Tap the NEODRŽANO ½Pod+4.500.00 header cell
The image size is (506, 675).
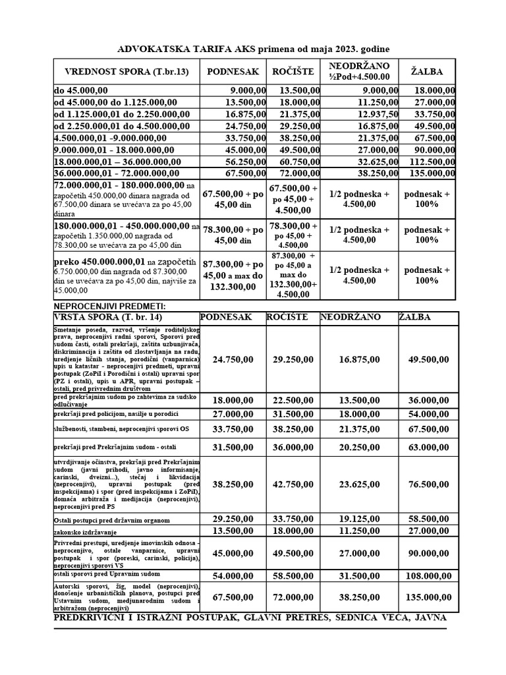[359, 71]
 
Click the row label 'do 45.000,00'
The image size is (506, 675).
[76, 90]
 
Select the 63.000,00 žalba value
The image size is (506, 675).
[428, 446]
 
